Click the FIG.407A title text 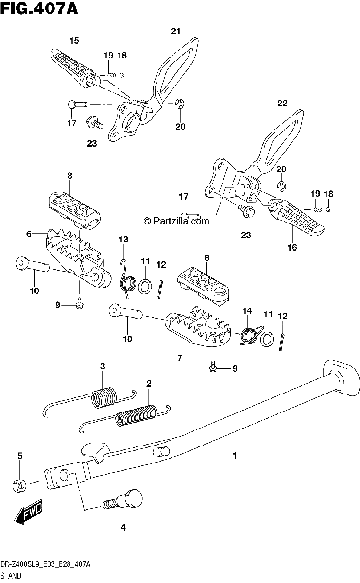click(x=39, y=9)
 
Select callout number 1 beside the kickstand click(x=235, y=456)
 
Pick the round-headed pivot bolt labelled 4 click(x=123, y=500)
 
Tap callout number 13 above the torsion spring click(x=123, y=239)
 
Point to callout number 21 click(x=175, y=31)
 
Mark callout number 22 click(x=282, y=103)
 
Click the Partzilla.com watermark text click(x=176, y=221)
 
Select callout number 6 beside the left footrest click(x=29, y=234)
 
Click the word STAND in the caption click(x=11, y=575)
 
